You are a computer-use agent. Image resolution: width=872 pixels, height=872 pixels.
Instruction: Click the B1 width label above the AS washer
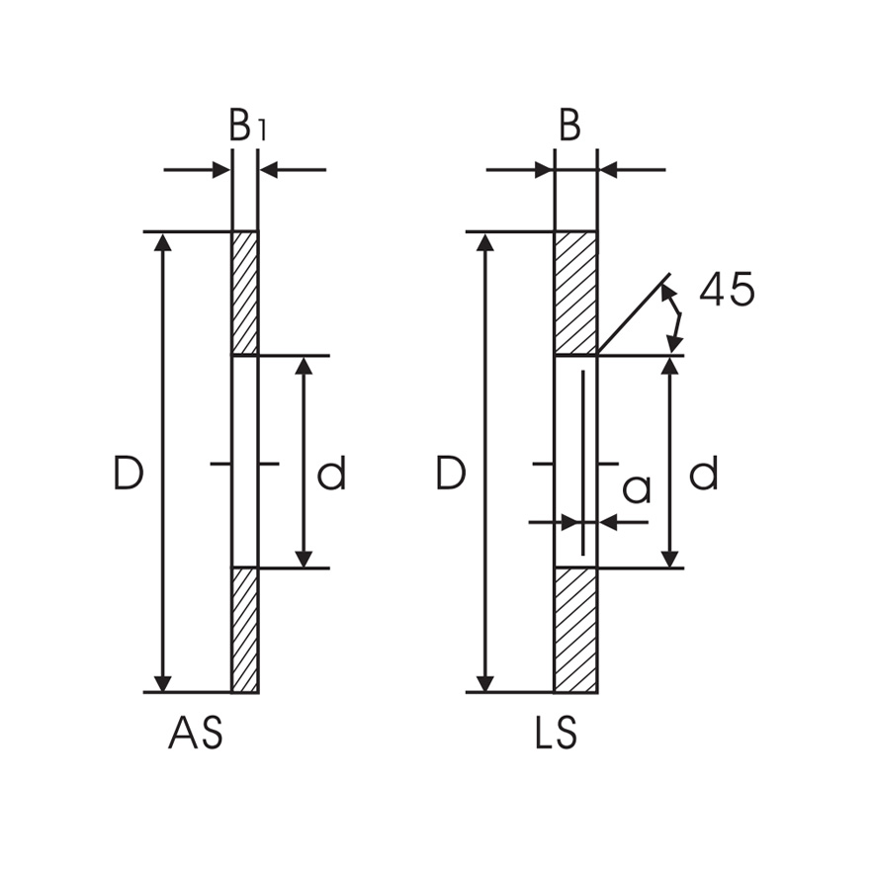pyautogui.click(x=247, y=128)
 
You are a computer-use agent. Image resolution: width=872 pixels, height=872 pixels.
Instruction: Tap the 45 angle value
pyautogui.click(x=727, y=290)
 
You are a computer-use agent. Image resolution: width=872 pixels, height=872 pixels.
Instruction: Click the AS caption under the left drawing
pyautogui.click(x=196, y=735)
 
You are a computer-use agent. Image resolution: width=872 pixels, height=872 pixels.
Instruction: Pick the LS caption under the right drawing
pyautogui.click(x=556, y=735)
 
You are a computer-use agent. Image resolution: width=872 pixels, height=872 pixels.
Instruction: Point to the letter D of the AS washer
pyautogui.click(x=129, y=476)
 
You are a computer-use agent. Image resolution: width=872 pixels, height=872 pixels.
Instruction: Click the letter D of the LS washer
pyautogui.click(x=451, y=476)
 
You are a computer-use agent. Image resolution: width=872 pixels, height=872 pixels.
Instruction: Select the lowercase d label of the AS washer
pyautogui.click(x=331, y=476)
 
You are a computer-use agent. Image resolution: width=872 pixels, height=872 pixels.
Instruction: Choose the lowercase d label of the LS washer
pyautogui.click(x=703, y=476)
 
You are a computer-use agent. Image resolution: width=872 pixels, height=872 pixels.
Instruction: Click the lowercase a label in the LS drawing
pyautogui.click(x=638, y=488)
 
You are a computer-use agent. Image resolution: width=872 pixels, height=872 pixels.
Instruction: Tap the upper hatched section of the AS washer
pyautogui.click(x=244, y=293)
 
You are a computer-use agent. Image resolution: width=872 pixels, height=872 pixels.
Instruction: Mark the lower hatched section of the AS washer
pyautogui.click(x=244, y=630)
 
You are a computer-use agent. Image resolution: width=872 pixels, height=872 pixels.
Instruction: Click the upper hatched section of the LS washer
pyautogui.click(x=575, y=293)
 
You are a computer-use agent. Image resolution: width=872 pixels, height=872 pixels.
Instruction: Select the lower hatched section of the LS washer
pyautogui.click(x=575, y=630)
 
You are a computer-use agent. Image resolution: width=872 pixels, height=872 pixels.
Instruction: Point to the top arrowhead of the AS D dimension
pyautogui.click(x=163, y=243)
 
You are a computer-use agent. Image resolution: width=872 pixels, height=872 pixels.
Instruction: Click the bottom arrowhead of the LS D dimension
pyautogui.click(x=485, y=682)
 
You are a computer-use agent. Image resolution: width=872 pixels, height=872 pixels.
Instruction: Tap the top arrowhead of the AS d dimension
pyautogui.click(x=305, y=367)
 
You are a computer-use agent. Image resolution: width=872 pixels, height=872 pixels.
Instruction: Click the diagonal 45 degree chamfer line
pyautogui.click(x=634, y=313)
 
